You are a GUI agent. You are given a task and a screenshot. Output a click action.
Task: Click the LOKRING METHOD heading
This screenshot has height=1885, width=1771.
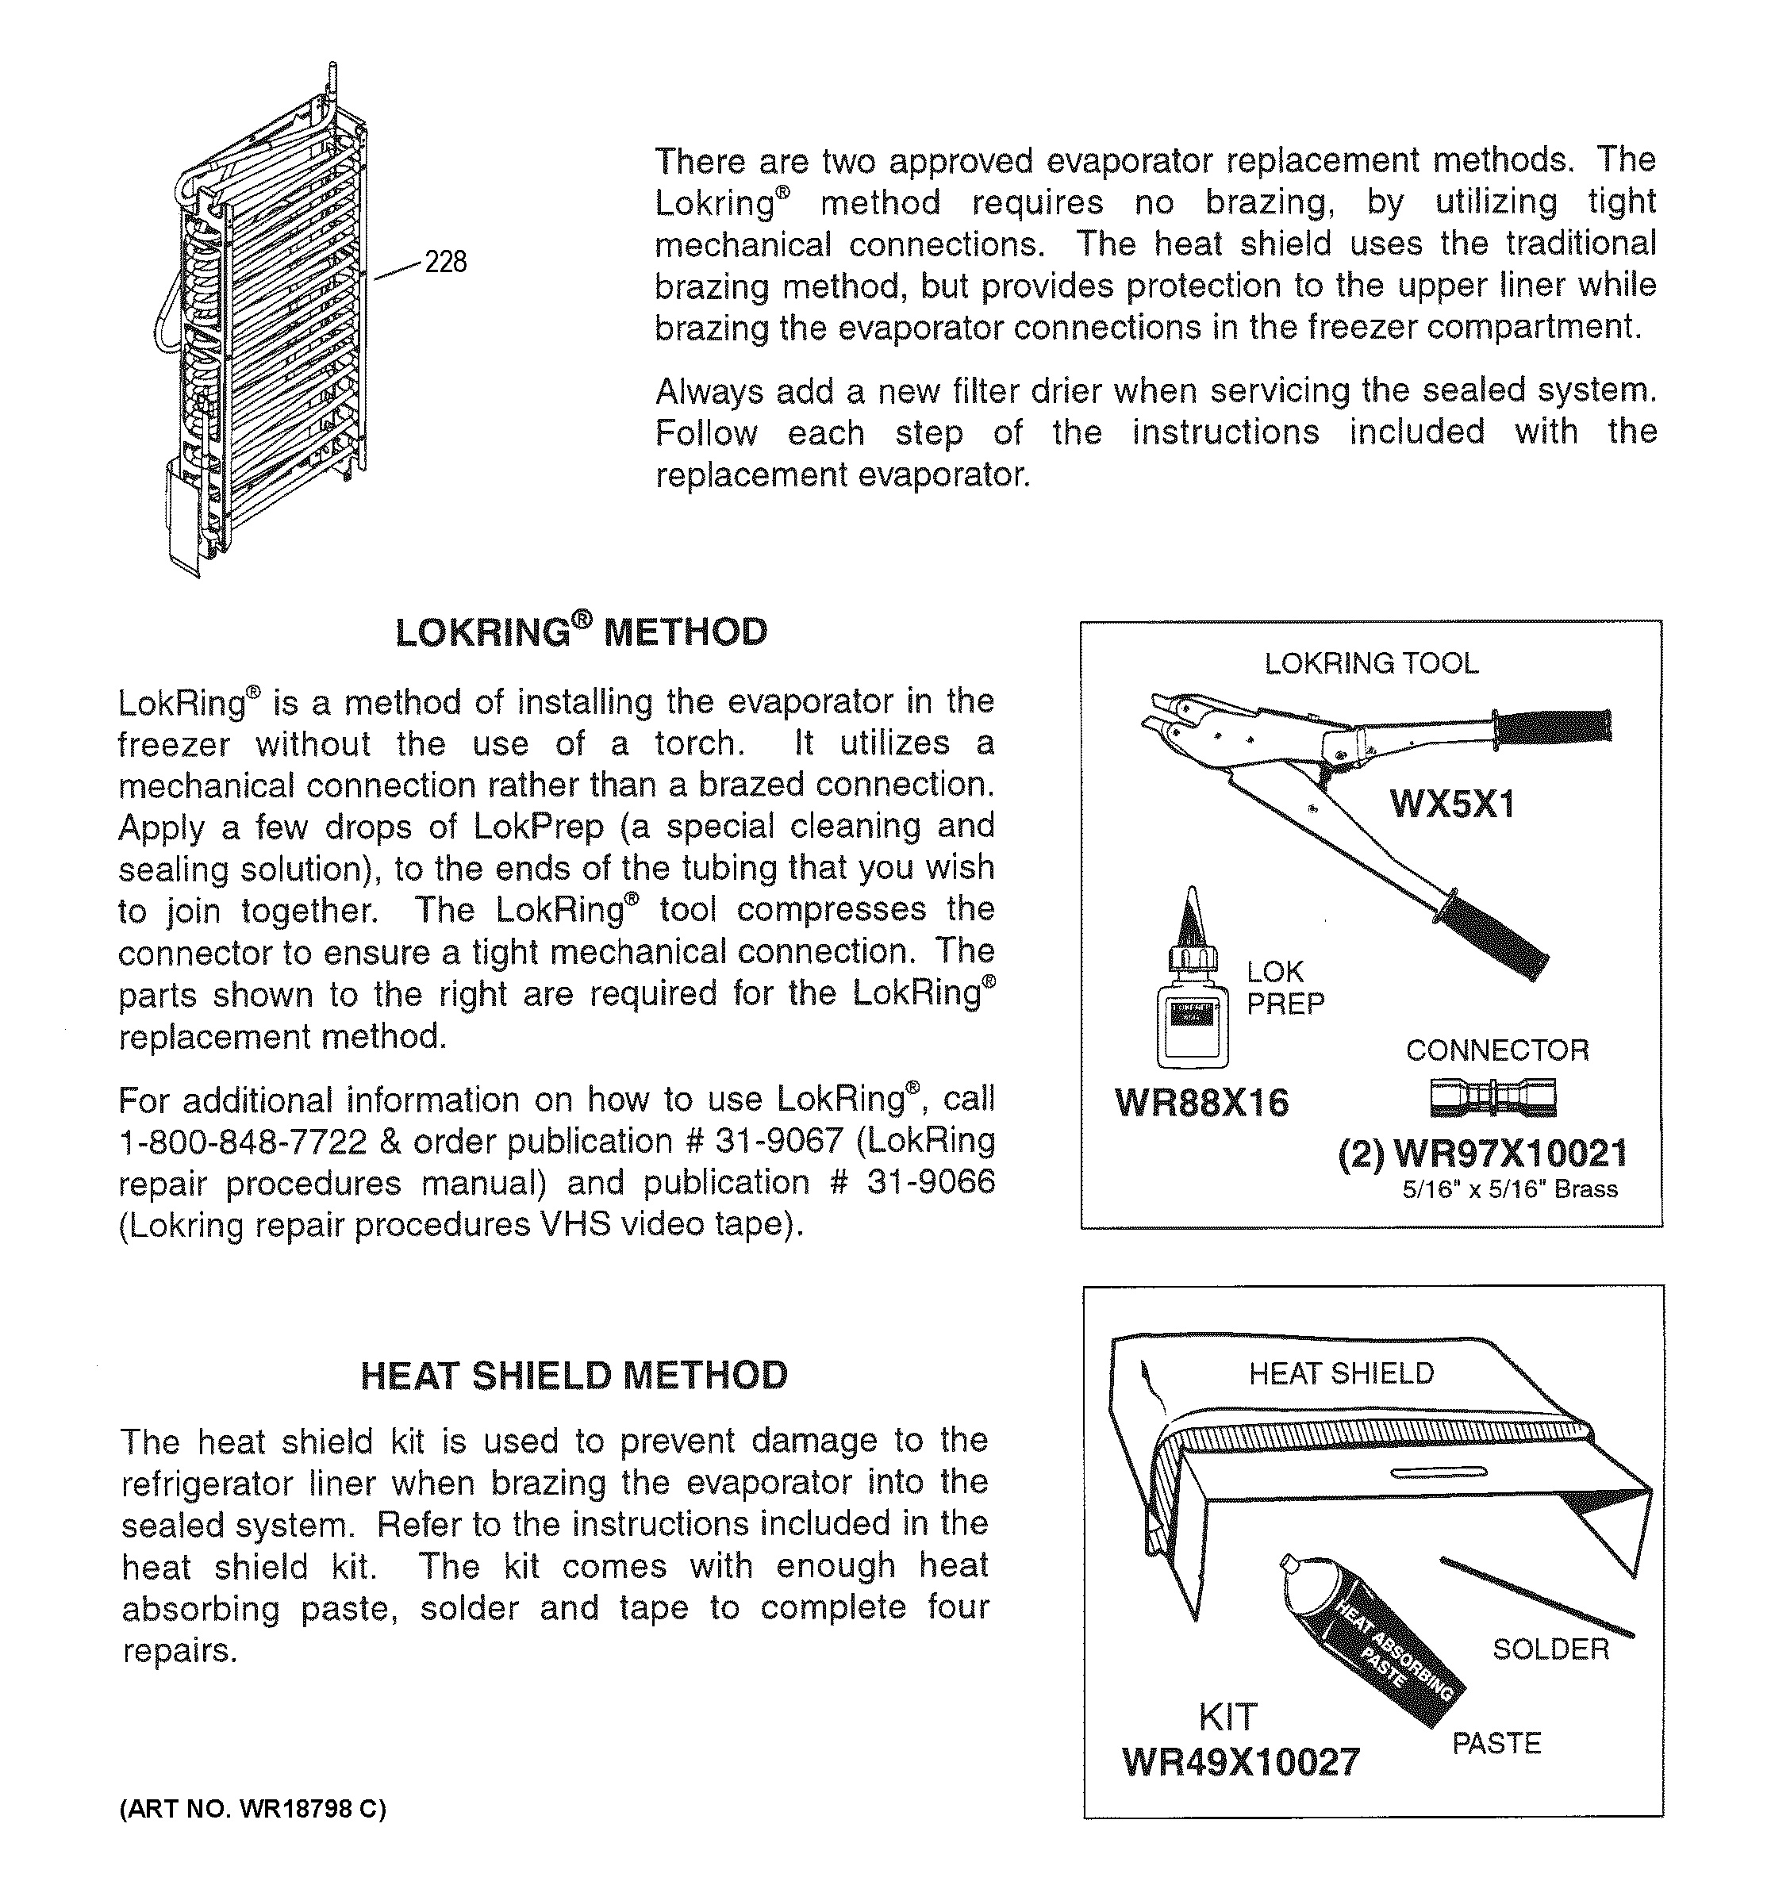(580, 632)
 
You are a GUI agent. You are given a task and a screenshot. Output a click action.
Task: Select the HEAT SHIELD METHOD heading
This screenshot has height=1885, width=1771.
(574, 1375)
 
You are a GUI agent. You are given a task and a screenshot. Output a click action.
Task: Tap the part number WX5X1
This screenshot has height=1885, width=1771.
(1451, 804)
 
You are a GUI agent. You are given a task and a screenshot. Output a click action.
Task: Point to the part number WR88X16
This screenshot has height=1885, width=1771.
(1201, 1103)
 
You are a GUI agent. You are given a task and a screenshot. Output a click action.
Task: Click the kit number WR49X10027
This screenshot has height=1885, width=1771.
(1240, 1762)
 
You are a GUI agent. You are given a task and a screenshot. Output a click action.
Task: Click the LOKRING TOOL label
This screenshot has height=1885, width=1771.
(1371, 664)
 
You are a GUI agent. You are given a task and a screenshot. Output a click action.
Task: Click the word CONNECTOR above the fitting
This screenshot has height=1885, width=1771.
(1496, 1050)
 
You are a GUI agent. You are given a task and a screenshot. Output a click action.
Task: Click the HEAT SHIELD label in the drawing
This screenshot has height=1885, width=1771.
(1341, 1373)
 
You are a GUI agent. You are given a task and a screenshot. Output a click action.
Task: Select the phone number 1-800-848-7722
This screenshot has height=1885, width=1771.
(242, 1142)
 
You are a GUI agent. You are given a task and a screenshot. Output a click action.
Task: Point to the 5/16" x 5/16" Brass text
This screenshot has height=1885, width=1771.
(1509, 1189)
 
